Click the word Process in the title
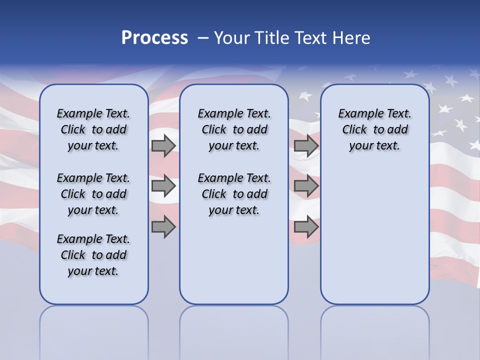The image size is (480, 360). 154,38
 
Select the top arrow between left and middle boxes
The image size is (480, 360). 163,145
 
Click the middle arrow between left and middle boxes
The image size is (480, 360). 163,186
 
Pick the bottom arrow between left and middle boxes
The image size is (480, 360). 163,226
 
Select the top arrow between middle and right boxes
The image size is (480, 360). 306,145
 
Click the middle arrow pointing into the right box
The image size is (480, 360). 306,186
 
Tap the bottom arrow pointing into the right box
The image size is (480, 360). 306,226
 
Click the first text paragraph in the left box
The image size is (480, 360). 93,129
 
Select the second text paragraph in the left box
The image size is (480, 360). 93,194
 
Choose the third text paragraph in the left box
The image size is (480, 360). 93,255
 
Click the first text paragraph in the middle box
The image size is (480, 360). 234,129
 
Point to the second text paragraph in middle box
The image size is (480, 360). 234,194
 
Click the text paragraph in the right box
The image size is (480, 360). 374,129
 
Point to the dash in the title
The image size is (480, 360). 202,38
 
